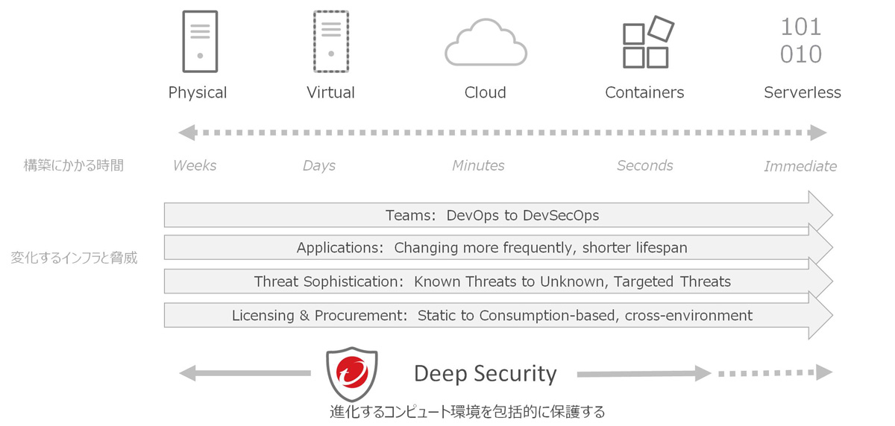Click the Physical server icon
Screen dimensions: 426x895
coord(200,42)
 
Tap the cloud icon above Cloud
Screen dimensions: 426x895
coord(486,43)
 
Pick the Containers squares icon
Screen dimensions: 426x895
coord(647,42)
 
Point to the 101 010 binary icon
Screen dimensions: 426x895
coord(801,41)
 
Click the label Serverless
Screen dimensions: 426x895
coord(803,93)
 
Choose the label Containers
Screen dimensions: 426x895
coord(644,93)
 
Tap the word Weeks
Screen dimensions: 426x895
coord(195,165)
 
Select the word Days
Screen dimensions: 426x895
coord(319,165)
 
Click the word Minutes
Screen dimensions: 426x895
coord(478,165)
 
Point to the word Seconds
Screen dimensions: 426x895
coord(644,165)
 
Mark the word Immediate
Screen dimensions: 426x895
coord(800,166)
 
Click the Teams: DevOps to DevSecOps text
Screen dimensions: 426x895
coord(492,215)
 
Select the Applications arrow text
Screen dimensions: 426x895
coord(492,248)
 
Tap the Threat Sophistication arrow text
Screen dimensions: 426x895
coord(492,282)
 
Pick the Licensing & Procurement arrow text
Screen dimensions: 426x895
coord(492,315)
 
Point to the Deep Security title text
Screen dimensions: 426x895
coord(486,373)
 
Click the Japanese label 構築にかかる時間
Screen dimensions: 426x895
coord(74,165)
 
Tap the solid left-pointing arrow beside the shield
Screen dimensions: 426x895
coord(243,373)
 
